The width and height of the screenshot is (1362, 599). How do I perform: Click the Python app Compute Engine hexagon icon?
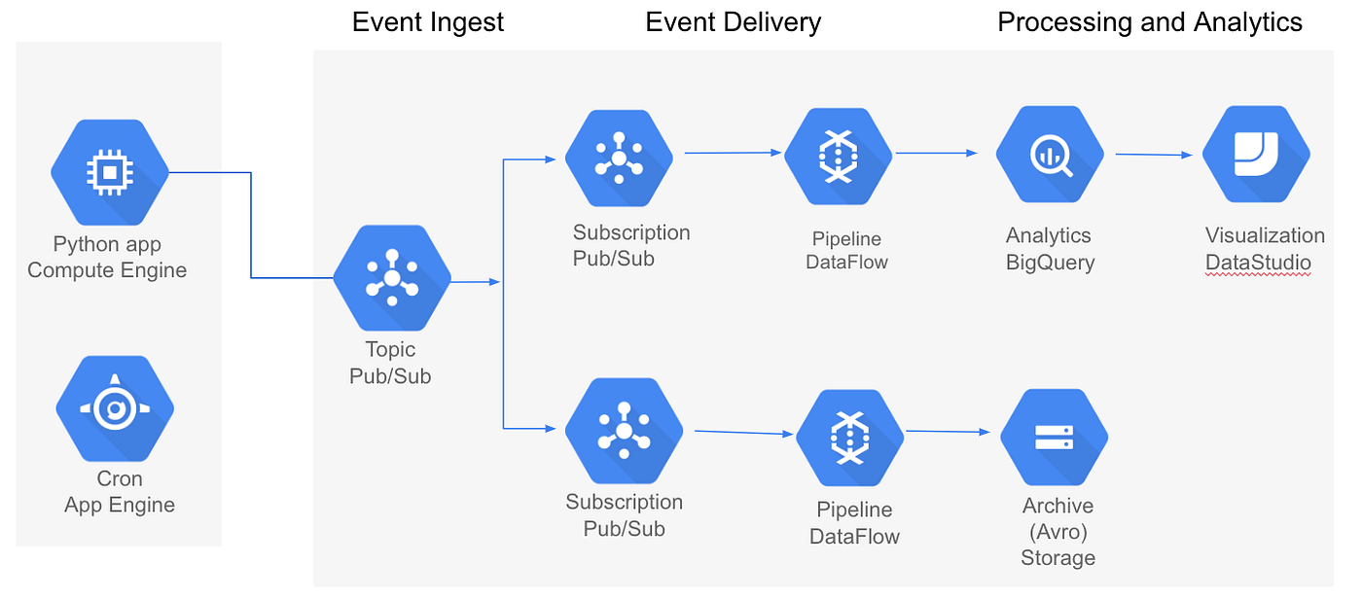[x=110, y=172]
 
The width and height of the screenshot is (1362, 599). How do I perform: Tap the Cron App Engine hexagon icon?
[x=115, y=408]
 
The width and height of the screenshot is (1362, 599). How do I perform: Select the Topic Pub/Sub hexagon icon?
[x=392, y=278]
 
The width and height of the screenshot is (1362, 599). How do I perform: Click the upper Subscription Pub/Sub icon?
[x=619, y=161]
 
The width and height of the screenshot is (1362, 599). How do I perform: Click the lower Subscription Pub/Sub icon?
[x=624, y=431]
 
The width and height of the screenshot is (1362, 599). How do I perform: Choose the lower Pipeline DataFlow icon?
[x=849, y=438]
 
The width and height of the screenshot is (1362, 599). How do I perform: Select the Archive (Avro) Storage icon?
[x=1054, y=438]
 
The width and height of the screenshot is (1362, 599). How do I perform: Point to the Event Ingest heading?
[x=428, y=22]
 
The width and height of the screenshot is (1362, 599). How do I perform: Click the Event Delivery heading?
[x=734, y=22]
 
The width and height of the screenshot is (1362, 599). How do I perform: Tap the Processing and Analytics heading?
[x=1150, y=22]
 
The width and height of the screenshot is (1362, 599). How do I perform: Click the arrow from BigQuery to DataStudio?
[x=1154, y=155]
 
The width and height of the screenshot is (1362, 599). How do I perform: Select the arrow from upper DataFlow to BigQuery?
[x=936, y=153]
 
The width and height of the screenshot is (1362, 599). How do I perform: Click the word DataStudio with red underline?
[x=1258, y=263]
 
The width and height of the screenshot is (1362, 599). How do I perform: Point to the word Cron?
[x=120, y=478]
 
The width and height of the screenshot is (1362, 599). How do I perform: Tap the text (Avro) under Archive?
[x=1057, y=532]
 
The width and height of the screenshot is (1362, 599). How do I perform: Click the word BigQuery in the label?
[x=1050, y=263]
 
